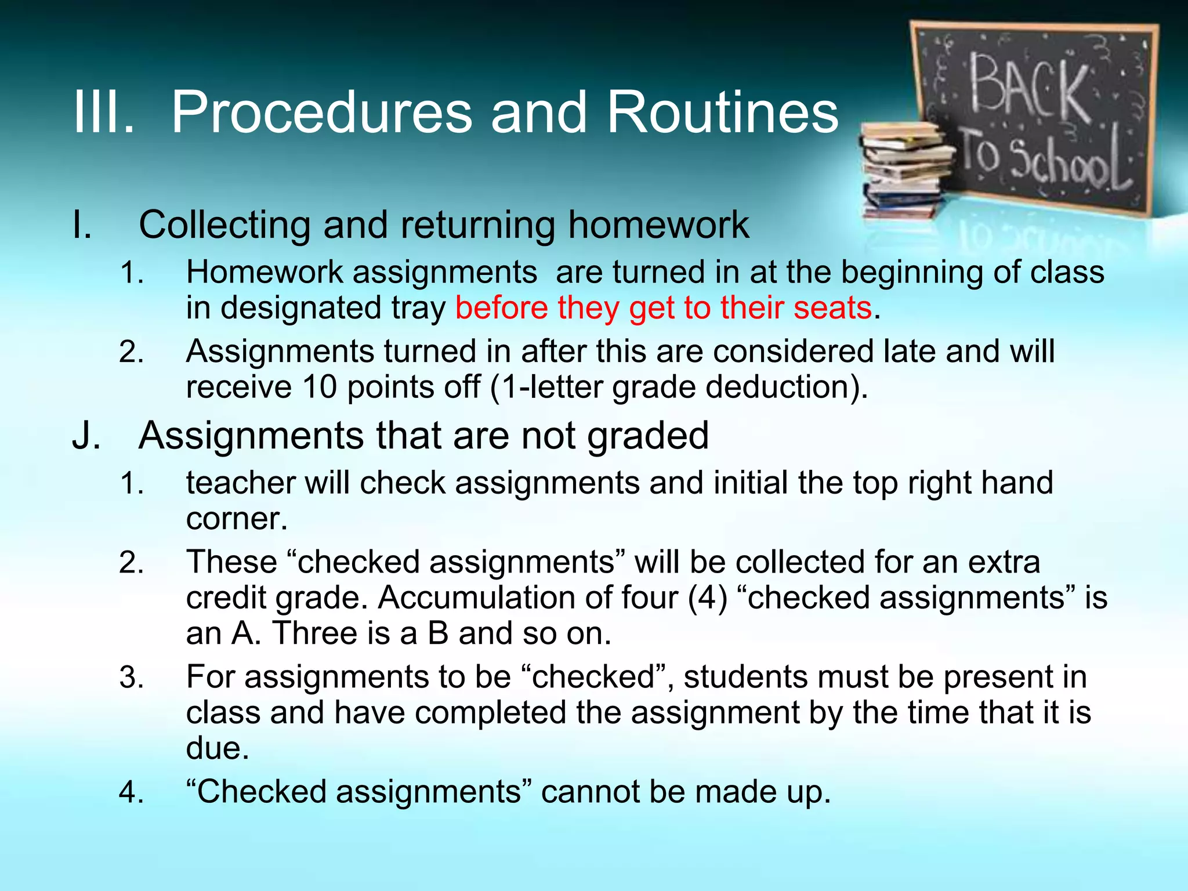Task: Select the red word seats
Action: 832,307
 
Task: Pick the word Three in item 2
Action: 314,633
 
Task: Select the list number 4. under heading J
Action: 132,792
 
